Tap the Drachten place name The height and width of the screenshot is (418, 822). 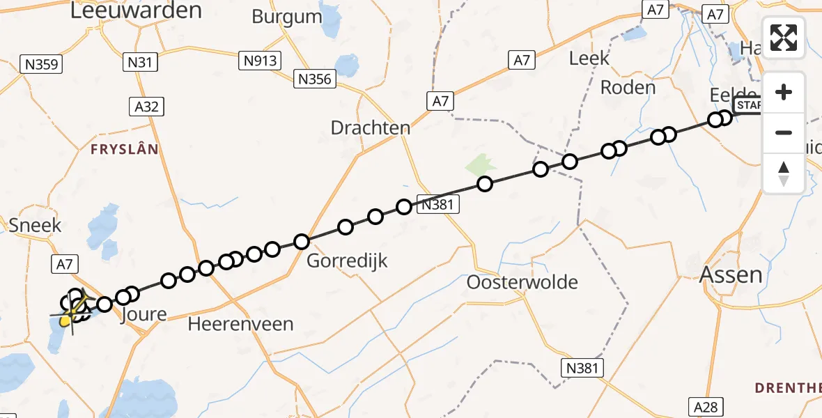tap(371, 128)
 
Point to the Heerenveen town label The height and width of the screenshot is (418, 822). tap(241, 324)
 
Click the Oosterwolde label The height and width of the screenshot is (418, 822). tap(522, 282)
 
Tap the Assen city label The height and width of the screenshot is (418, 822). tap(731, 274)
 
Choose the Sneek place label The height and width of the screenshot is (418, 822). tap(36, 225)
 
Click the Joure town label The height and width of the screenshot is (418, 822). tap(144, 315)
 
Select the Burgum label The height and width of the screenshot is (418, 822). tap(287, 16)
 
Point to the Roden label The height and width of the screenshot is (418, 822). tap(628, 88)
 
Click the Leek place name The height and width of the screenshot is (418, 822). tap(589, 58)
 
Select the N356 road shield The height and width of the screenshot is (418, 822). tap(314, 79)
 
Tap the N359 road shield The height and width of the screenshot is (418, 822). tap(43, 65)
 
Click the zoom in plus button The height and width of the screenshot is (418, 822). tap(784, 92)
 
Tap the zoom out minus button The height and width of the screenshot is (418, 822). tap(784, 132)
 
